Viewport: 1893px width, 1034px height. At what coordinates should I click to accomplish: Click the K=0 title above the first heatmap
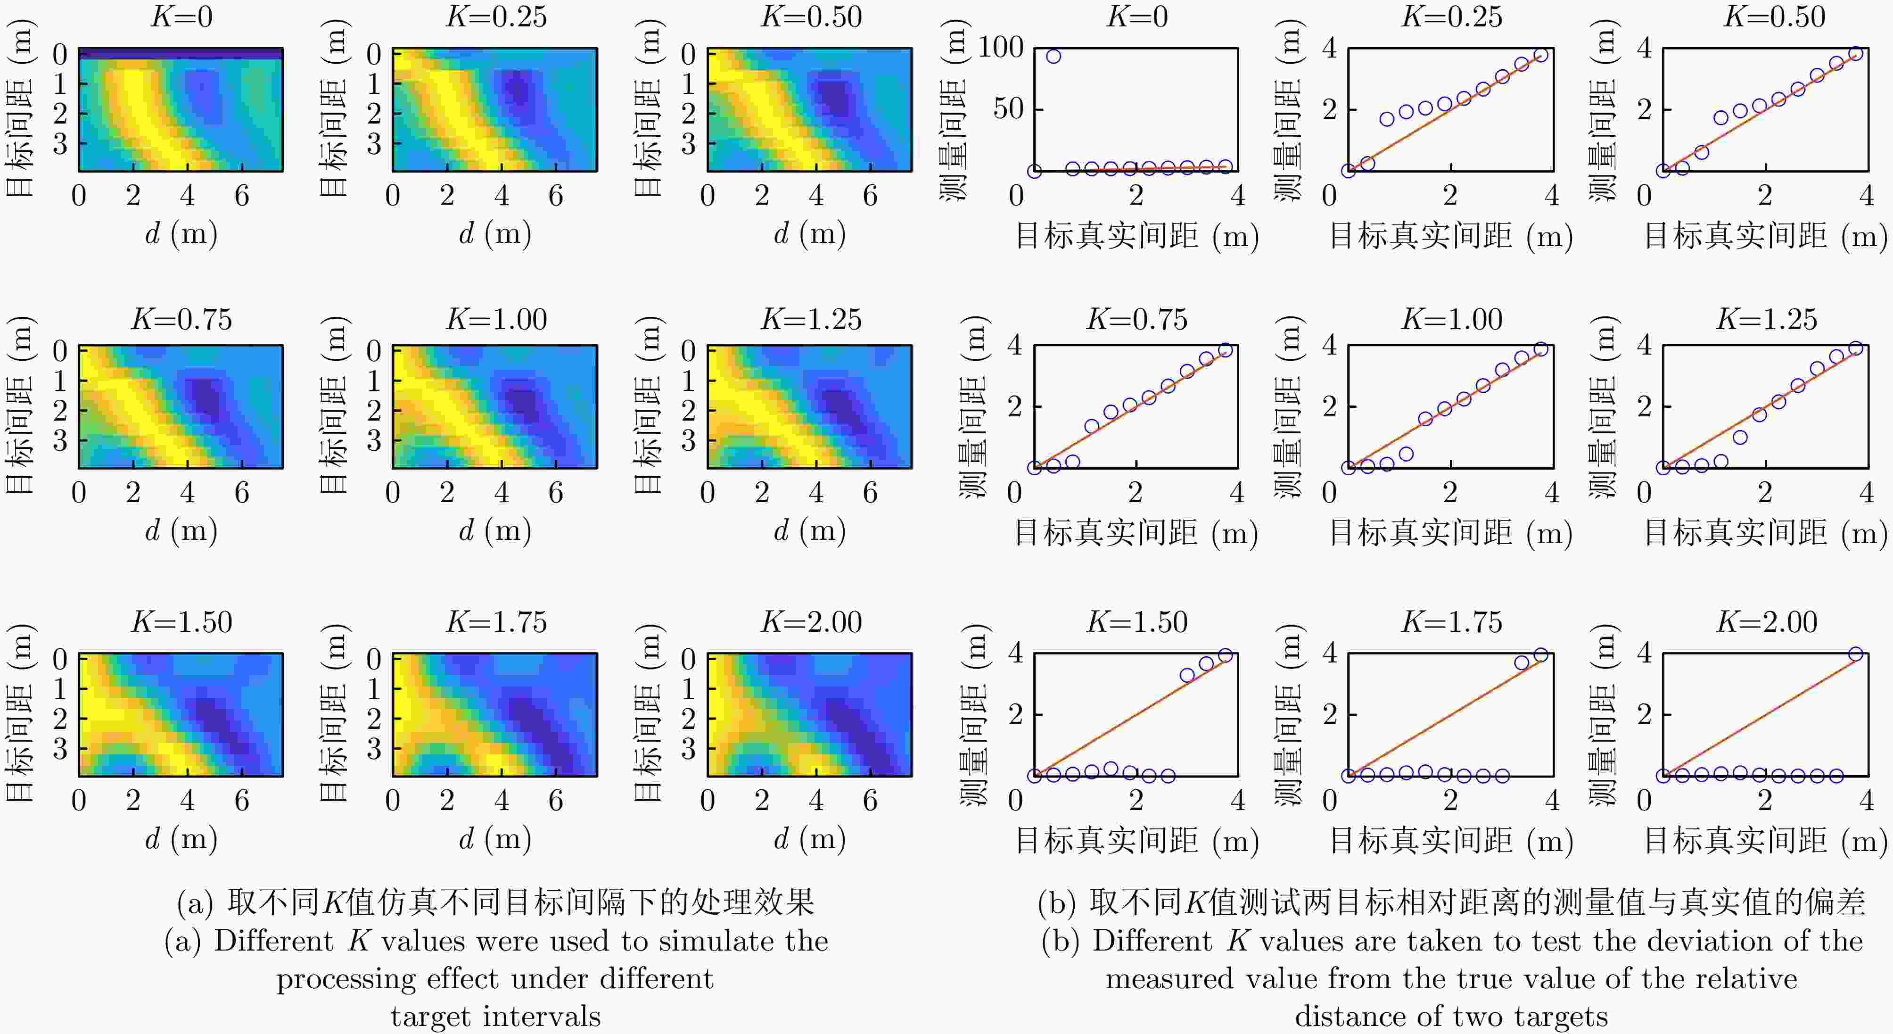point(181,16)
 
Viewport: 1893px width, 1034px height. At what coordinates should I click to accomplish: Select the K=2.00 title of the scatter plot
point(1767,622)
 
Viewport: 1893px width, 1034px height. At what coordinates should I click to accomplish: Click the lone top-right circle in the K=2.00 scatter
point(1855,654)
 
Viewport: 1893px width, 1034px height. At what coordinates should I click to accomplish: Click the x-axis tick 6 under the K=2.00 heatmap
point(870,800)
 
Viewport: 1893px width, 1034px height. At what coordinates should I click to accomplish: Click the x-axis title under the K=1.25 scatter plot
point(1765,532)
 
